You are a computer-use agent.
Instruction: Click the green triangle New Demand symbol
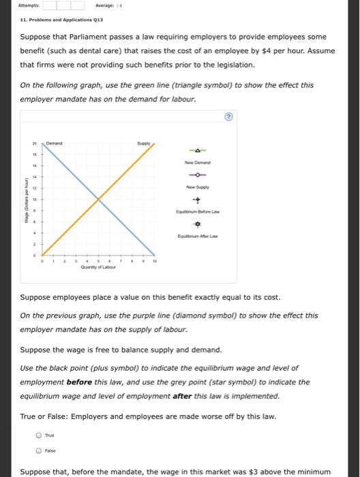(197, 151)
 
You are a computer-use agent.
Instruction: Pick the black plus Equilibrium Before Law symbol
(197, 200)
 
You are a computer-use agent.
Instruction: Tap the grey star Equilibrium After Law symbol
(197, 224)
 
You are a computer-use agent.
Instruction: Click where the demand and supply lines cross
(100, 198)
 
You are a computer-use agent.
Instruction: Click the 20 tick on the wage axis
(33, 144)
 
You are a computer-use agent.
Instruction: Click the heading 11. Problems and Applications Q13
(52, 20)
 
